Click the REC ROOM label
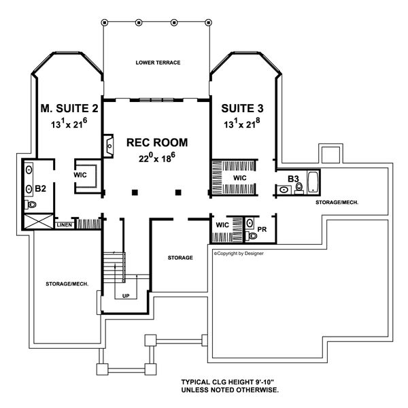click(157, 143)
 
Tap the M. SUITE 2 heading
click(69, 108)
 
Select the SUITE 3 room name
click(242, 108)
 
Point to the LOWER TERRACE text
click(158, 63)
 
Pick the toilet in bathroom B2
click(31, 205)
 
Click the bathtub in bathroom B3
click(313, 182)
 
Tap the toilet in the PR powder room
click(252, 236)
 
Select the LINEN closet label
click(65, 225)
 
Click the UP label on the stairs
click(126, 296)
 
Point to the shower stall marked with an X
click(39, 222)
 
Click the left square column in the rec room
click(135, 192)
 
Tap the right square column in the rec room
click(178, 192)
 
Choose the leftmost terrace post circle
click(104, 22)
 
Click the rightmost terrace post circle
click(208, 22)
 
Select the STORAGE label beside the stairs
click(180, 258)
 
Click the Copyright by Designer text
click(239, 253)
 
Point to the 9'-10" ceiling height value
click(265, 382)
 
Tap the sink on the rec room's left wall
click(109, 146)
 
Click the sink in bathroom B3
click(284, 190)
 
